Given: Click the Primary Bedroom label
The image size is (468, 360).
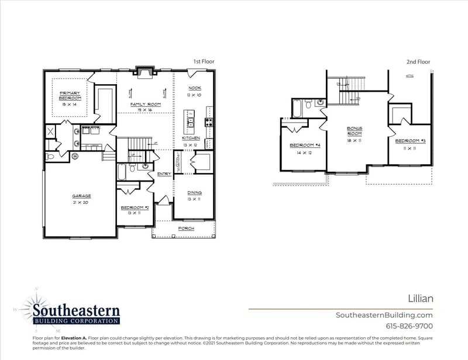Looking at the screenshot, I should pos(69,95).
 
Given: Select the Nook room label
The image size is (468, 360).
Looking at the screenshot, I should pos(194,88).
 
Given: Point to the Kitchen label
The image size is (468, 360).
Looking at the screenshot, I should pos(191,138).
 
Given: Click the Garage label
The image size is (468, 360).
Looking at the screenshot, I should pos(82,196).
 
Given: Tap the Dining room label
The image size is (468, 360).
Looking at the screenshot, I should pos(194,193).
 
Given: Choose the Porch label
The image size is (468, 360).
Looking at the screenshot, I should pos(186,228).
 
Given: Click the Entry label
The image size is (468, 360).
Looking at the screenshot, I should pos(164,174).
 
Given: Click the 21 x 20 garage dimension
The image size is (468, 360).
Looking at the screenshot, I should pos(82,202).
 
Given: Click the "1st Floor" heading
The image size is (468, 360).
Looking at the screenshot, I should pos(205,61).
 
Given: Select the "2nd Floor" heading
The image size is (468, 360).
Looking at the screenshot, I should pos(418,61).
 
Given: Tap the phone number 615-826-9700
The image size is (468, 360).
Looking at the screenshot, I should pos(409,326).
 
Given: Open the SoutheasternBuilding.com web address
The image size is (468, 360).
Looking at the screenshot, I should pos(384,315).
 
